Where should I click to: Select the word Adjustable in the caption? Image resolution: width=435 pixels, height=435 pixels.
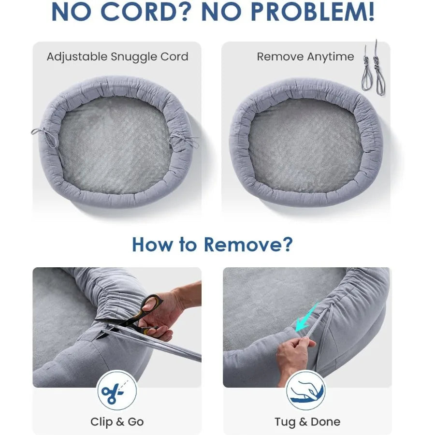click(77, 57)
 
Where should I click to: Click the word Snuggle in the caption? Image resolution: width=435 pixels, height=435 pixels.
click(131, 57)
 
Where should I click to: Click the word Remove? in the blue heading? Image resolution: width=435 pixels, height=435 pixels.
click(248, 245)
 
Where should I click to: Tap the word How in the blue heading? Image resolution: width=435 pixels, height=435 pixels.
click(152, 245)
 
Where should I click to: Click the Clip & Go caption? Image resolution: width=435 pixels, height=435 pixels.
click(117, 421)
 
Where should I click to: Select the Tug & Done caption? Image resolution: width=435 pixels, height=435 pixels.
click(307, 421)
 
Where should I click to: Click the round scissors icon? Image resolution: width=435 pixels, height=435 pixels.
click(117, 391)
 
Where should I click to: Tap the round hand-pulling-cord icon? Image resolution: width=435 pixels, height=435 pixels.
click(306, 391)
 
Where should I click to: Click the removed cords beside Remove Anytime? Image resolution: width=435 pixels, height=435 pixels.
click(373, 68)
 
